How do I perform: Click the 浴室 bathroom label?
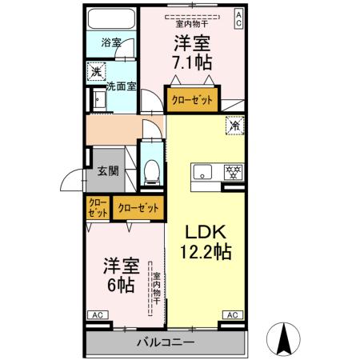click(111, 42)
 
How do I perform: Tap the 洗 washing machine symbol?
click(95, 70)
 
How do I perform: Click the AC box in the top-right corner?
click(238, 19)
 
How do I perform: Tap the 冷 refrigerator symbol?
click(235, 126)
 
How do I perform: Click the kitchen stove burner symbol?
click(234, 171)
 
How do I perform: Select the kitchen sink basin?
click(202, 170)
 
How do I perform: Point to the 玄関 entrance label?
click(108, 170)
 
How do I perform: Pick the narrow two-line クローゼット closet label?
click(97, 208)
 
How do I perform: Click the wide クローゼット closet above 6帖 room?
click(138, 208)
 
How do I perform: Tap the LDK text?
click(207, 232)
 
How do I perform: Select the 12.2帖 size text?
click(207, 252)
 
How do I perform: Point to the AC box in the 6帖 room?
click(95, 314)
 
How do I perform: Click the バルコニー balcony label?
click(164, 342)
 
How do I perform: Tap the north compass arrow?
click(283, 337)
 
